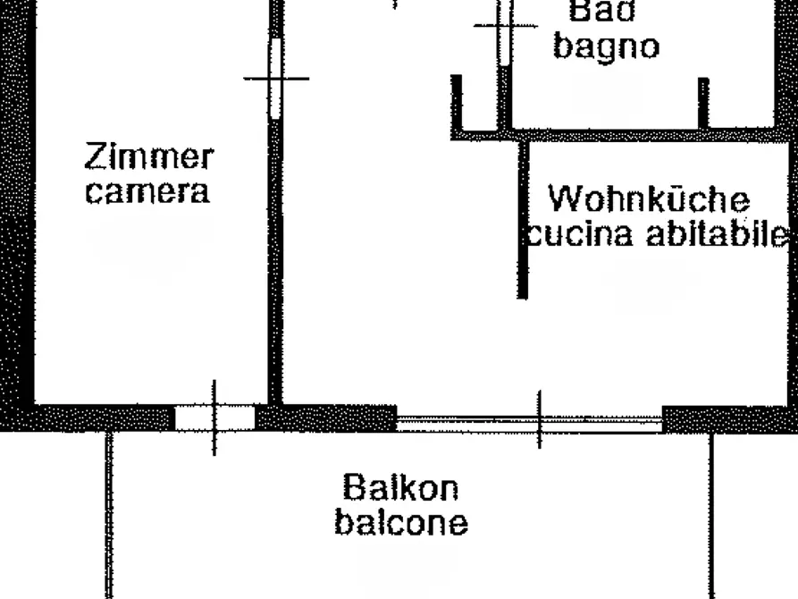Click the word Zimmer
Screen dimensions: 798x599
click(149, 156)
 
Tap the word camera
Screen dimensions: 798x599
click(147, 191)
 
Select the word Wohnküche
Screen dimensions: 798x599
click(649, 198)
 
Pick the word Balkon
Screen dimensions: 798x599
click(400, 487)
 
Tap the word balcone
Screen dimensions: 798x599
click(401, 523)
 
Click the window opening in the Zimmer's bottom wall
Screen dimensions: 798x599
click(214, 418)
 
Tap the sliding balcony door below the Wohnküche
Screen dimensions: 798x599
click(529, 424)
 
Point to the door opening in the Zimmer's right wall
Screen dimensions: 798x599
click(275, 79)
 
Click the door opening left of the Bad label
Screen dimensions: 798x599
click(504, 33)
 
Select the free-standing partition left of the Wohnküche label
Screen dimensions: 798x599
click(523, 220)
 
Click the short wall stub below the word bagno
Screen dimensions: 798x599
click(703, 103)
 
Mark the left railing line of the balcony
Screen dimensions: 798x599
click(108, 515)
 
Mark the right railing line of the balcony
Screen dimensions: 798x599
click(711, 515)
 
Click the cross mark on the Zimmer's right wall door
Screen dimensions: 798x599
click(275, 79)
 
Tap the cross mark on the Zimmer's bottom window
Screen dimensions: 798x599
click(214, 418)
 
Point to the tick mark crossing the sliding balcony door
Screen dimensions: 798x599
click(540, 419)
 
